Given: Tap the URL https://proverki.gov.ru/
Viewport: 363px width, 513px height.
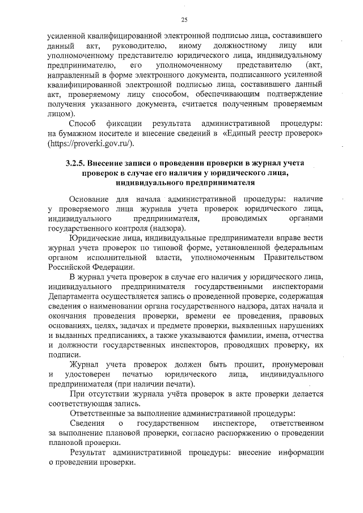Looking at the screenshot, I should click(x=91, y=143).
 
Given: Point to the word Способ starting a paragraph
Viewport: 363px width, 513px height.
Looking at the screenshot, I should click(x=83, y=123).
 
